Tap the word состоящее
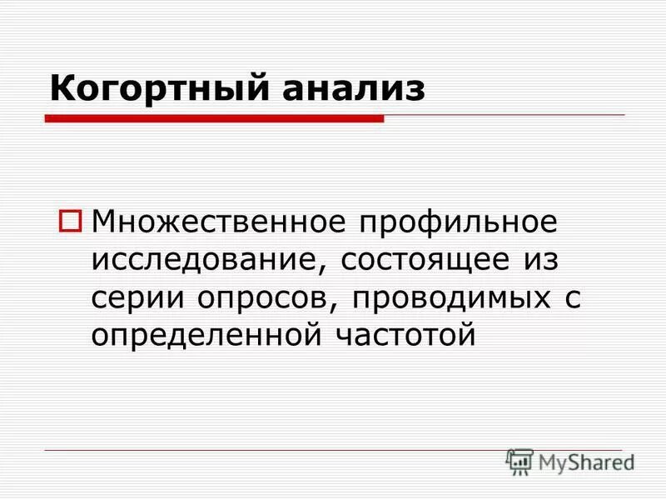[420, 259]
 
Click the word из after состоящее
[539, 259]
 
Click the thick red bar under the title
[215, 119]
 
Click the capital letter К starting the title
[59, 88]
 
